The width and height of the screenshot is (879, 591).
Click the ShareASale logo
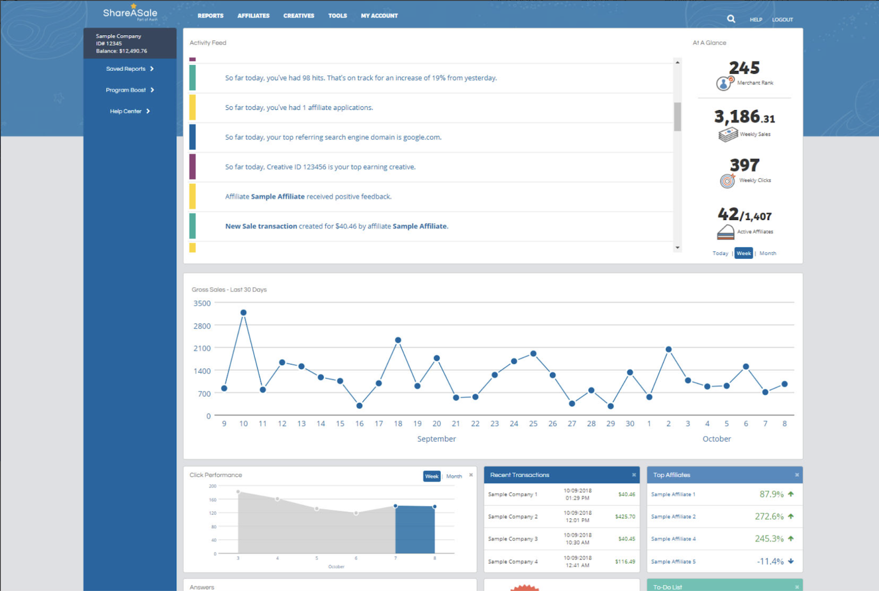[130, 13]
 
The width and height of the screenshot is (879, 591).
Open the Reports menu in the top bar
[210, 16]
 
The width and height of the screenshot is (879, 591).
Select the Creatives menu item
[299, 16]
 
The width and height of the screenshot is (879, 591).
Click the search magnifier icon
[731, 19]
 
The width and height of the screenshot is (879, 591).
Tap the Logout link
[782, 20]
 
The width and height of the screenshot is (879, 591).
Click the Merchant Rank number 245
[744, 68]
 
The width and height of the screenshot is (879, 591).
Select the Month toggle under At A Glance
[767, 253]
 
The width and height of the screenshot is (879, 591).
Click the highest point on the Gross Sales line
[243, 313]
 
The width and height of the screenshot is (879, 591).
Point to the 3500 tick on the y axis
[202, 303]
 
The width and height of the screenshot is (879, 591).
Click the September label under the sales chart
[436, 439]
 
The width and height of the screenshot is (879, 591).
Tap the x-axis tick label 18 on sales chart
[398, 424]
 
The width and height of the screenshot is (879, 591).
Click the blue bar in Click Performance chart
[415, 529]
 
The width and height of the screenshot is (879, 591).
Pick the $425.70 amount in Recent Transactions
[625, 517]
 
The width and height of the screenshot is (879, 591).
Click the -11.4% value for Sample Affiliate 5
[770, 561]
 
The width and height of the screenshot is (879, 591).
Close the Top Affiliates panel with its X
[797, 475]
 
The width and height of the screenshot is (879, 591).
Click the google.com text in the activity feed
[422, 137]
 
